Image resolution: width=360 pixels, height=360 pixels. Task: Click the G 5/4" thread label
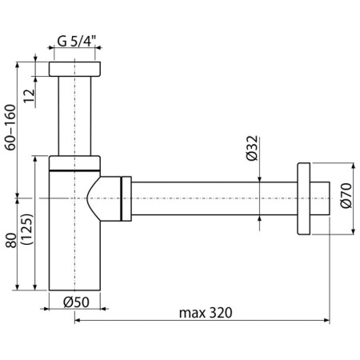(x=77, y=42)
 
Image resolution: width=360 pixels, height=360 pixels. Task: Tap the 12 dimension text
(x=29, y=96)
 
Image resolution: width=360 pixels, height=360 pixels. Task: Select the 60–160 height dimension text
(x=10, y=127)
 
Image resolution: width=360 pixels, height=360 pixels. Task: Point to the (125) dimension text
(x=27, y=229)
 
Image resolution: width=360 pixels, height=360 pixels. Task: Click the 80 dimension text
(x=11, y=240)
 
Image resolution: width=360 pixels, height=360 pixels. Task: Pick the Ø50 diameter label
(x=76, y=302)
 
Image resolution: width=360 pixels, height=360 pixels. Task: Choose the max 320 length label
(x=206, y=313)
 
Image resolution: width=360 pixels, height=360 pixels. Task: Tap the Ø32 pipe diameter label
(x=252, y=148)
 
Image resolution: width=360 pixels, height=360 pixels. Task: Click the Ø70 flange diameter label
(x=346, y=195)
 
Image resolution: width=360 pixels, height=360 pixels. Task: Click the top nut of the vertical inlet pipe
(x=74, y=69)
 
